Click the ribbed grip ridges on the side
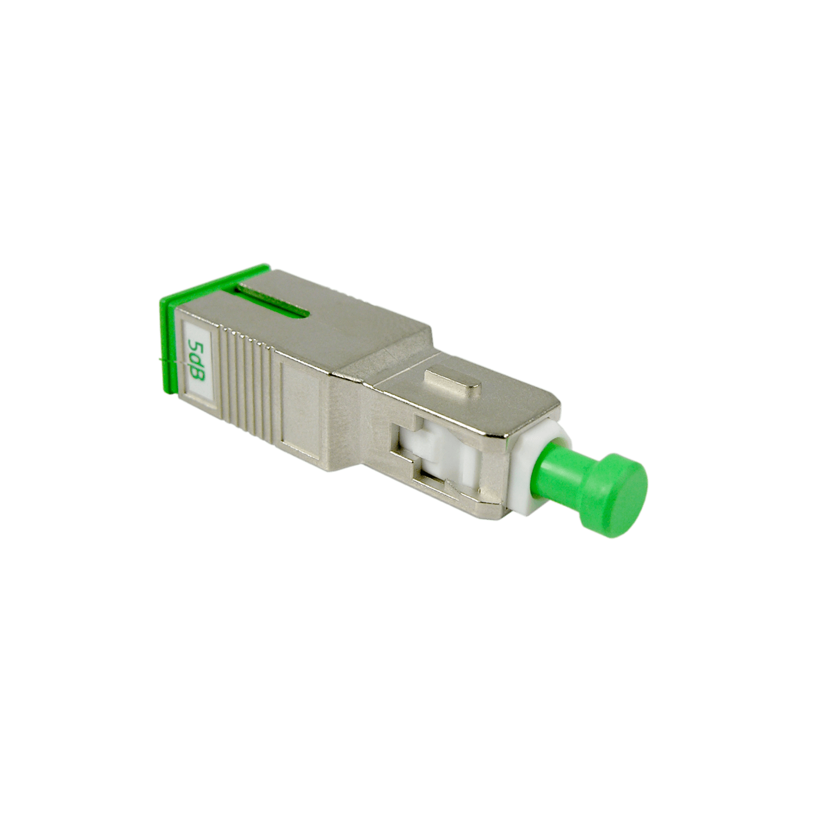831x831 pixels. point(244,374)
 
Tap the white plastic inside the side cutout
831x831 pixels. point(441,457)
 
